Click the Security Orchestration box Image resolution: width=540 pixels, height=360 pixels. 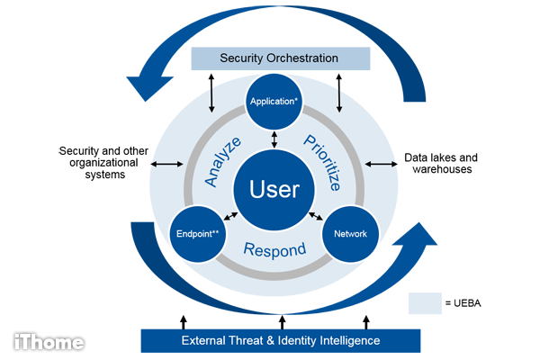280,58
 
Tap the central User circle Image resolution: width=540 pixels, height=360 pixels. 274,190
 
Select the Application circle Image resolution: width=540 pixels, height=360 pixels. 274,102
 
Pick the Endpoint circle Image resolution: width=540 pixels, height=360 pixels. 198,234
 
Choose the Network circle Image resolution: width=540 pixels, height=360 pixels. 350,234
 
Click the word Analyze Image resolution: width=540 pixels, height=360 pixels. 223,162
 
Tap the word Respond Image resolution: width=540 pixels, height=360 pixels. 274,250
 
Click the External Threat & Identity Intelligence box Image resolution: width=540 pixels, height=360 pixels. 281,341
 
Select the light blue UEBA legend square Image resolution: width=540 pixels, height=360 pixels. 425,303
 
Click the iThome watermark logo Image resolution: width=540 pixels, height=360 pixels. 49,342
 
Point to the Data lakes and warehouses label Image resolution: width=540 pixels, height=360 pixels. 441,163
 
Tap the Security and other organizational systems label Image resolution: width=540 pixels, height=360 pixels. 103,163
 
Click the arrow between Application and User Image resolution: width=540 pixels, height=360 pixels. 274,139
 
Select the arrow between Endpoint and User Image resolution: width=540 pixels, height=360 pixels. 230,216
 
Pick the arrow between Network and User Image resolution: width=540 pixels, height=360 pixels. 316,216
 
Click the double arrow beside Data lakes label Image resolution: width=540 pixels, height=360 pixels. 381,164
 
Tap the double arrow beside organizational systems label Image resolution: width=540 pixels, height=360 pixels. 167,164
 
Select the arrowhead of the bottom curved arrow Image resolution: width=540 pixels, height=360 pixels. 416,234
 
